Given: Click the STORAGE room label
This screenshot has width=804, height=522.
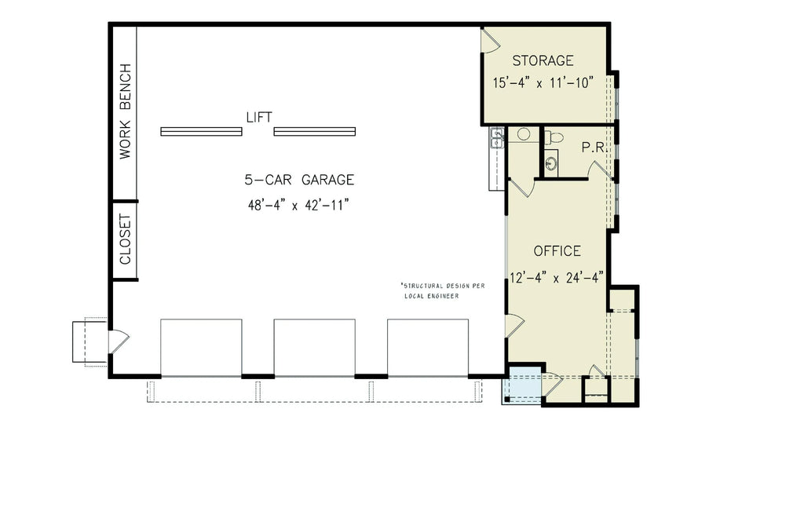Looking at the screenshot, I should pos(543,60).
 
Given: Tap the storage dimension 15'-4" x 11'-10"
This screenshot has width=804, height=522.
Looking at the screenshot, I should pos(543,82).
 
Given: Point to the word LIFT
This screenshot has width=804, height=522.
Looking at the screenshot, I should pos(258,118).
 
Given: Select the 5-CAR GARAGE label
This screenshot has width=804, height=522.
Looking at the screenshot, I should pos(298,180).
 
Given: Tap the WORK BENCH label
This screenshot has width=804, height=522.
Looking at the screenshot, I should pos(125,111).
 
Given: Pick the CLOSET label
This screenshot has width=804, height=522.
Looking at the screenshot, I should pos(125,240).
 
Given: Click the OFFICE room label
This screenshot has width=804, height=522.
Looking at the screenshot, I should pos(557,251).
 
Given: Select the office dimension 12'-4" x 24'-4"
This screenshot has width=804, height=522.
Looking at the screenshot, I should pos(557,276).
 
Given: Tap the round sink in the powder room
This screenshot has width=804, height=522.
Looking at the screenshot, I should pos(552,163).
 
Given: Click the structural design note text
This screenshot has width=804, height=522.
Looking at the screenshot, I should pos(443,290).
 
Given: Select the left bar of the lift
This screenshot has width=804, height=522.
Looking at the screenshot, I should pos(201,131).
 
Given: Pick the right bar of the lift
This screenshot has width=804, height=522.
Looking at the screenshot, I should pos(314,131).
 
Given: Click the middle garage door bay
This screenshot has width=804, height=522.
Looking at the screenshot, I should pos(314,348).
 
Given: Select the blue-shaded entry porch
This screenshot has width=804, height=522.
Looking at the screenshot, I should pos(523,385).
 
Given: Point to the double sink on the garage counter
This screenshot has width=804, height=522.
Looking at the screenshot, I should pos(496,138).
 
